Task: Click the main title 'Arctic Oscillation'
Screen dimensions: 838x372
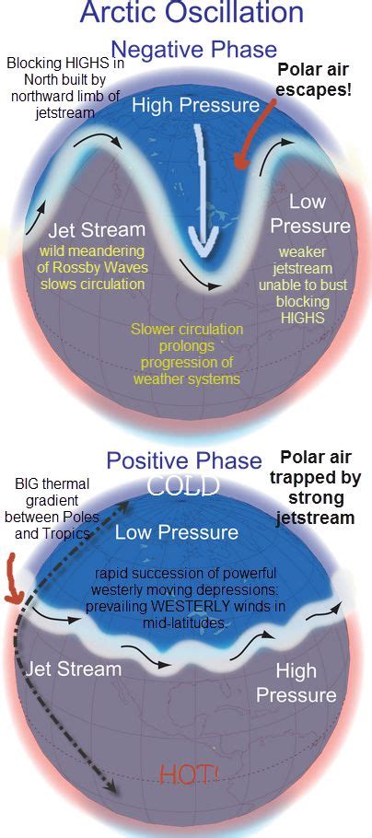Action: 192,14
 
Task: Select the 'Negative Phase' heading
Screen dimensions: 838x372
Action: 193,49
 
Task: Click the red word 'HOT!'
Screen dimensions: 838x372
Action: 190,775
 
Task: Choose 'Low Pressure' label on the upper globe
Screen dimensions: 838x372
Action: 319,214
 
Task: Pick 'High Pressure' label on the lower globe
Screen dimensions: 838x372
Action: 296,682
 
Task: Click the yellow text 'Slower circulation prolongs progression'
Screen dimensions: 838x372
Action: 186,354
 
